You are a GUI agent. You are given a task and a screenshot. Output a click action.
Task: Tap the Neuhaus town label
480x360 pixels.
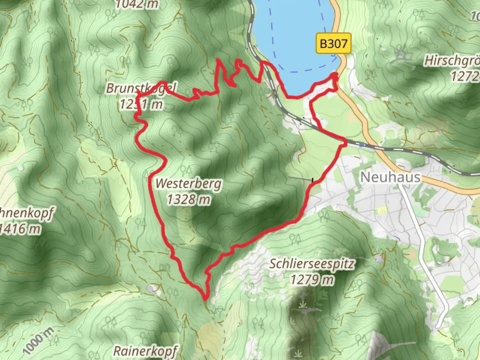coord(390,177)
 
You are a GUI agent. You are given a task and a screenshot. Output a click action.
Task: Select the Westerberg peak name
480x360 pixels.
coord(188,184)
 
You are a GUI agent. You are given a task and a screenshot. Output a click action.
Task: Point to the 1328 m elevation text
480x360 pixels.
coord(188,200)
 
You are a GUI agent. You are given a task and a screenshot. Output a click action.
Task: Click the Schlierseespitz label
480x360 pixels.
coord(312,264)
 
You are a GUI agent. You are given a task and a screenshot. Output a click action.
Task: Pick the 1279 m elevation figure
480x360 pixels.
coord(312,279)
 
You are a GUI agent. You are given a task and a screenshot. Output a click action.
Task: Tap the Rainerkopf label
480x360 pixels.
coord(145,351)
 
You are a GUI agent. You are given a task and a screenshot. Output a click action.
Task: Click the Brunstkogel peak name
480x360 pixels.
coord(141,88)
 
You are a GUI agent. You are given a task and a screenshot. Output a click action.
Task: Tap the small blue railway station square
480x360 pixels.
coord(362,145)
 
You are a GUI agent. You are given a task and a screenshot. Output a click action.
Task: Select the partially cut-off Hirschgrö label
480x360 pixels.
coord(452,61)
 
